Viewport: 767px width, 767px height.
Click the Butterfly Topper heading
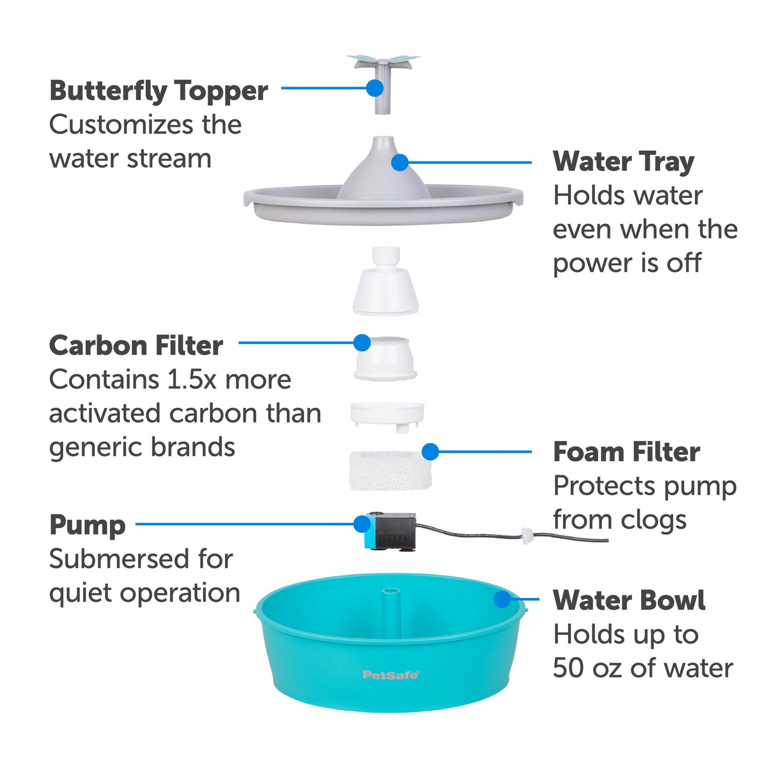[158, 91]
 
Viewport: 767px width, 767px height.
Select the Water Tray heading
[623, 161]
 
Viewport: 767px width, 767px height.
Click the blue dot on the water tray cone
[400, 162]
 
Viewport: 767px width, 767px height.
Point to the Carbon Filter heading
[136, 346]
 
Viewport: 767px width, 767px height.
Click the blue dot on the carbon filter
[362, 343]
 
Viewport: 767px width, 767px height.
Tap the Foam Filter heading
[626, 452]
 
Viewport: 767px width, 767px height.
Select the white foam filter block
[390, 471]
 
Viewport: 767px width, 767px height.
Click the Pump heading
[88, 525]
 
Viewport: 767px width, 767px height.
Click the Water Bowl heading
[629, 600]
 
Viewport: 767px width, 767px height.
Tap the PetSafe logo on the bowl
[391, 675]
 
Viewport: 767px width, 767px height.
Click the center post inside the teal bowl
[390, 605]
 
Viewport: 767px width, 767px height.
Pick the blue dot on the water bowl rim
[502, 599]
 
